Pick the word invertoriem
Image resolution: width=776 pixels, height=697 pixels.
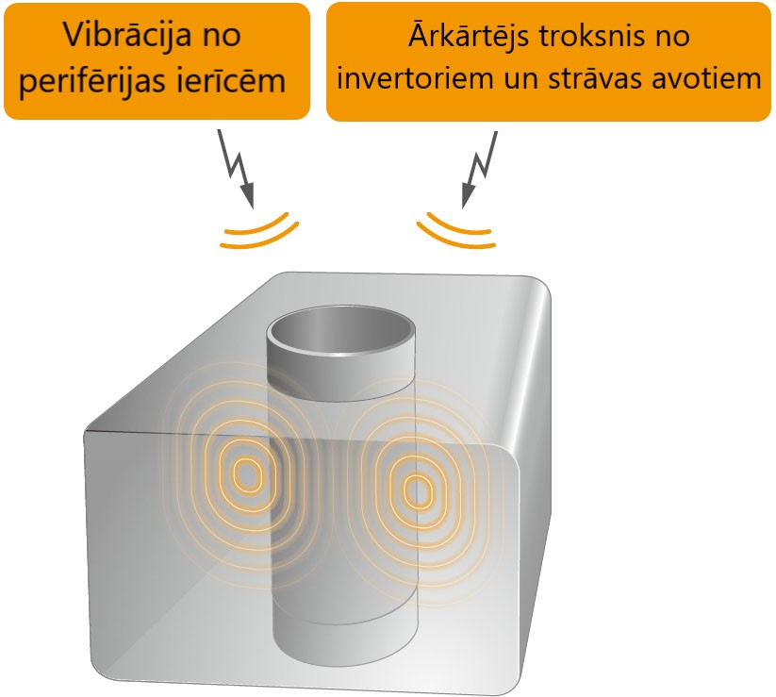click(x=415, y=77)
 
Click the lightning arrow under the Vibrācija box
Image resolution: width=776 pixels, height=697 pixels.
click(x=237, y=168)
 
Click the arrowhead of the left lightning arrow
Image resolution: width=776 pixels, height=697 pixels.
click(x=247, y=195)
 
